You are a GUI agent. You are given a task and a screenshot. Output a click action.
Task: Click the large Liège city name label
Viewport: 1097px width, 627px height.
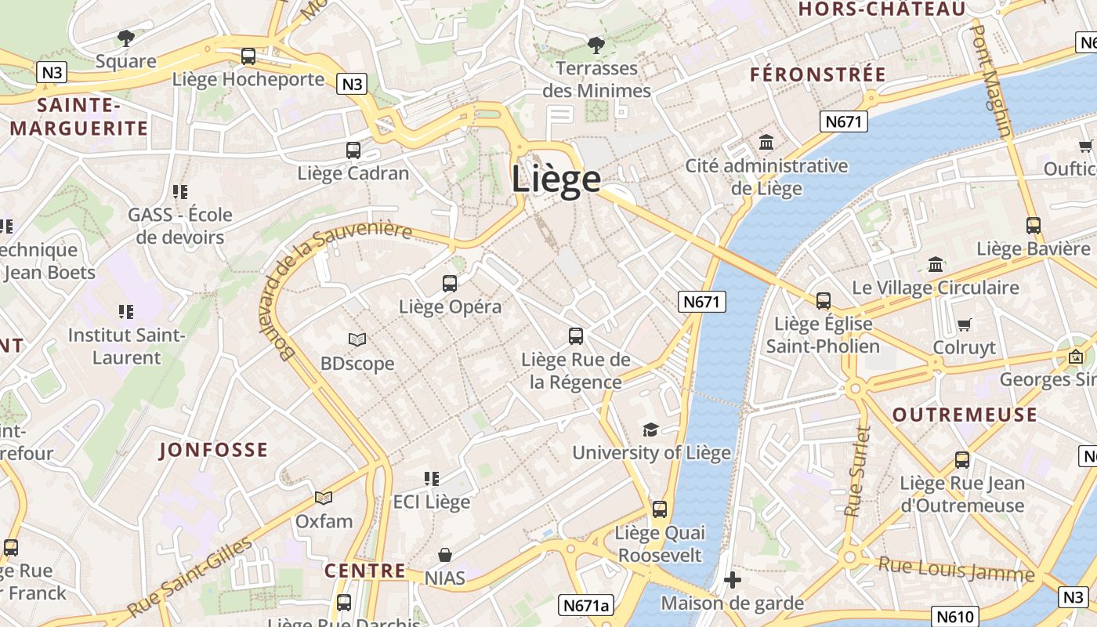coord(556,179)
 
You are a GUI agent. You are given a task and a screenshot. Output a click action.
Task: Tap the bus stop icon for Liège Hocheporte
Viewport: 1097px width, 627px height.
coord(248,56)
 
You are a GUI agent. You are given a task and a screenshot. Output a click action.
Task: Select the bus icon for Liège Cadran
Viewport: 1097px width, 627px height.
coord(353,150)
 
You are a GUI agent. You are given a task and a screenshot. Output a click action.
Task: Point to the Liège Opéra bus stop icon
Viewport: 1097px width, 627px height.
coord(450,283)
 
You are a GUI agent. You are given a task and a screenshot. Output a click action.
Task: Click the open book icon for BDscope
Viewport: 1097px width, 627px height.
coord(357,339)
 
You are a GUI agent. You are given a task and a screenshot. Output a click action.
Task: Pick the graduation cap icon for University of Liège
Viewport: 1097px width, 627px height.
coord(650,429)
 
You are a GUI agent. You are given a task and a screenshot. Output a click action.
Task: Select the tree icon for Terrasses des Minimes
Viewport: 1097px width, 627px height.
coord(596,45)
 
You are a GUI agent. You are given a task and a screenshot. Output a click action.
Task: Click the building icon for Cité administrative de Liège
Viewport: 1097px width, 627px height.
coord(766,143)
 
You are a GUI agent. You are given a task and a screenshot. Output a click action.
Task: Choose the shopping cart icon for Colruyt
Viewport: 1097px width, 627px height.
coord(965,324)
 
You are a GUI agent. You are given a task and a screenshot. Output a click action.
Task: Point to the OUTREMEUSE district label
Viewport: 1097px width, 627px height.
coord(965,415)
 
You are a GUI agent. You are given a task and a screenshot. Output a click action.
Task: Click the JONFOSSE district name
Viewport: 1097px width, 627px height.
coord(213,450)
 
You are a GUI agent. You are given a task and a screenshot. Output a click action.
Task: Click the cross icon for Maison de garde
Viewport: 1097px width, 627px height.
coord(733,580)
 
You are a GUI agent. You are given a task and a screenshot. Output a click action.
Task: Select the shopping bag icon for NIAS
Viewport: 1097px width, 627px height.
coord(445,555)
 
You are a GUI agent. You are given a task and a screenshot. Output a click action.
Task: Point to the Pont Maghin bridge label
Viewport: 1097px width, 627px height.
coord(991,80)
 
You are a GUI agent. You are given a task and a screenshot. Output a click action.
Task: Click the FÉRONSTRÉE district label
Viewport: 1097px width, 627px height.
coord(818,74)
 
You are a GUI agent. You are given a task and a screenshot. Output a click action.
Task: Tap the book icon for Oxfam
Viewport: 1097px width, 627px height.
coord(324,498)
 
